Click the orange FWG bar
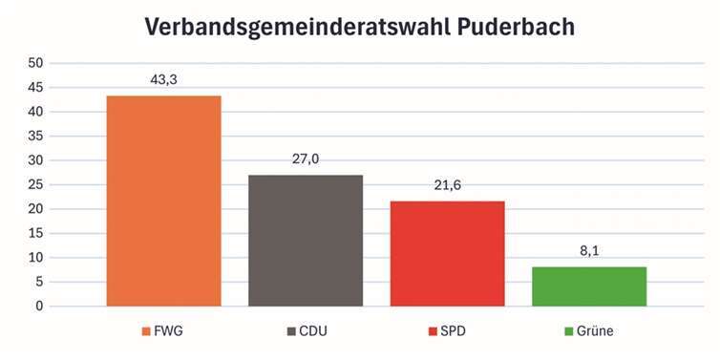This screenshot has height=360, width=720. pos(164,201)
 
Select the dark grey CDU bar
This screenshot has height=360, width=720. pos(306,241)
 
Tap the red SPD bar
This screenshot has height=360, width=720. pos(448,254)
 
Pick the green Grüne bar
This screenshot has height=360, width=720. pos(590,286)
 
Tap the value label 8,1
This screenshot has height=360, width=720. pos(590,252)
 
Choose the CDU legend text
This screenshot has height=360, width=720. pos(317,331)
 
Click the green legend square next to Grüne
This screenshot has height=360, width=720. pos(569,331)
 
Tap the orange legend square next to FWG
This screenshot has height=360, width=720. pos(146,331)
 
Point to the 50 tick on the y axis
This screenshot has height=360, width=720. pos(35,63)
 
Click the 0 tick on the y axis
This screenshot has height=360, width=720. pos(39,307)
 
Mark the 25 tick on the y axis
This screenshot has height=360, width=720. pos(35,184)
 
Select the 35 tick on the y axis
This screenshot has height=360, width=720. pos(35,136)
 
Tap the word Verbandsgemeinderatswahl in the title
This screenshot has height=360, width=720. pos(277,27)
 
